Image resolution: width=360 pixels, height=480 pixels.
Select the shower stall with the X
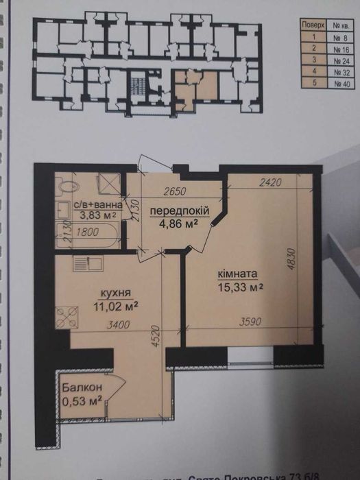(x=108, y=184)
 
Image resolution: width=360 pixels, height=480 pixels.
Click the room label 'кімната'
(x=237, y=275)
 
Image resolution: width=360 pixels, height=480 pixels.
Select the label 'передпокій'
(x=180, y=210)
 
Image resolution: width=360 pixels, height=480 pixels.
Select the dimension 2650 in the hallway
(x=174, y=192)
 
